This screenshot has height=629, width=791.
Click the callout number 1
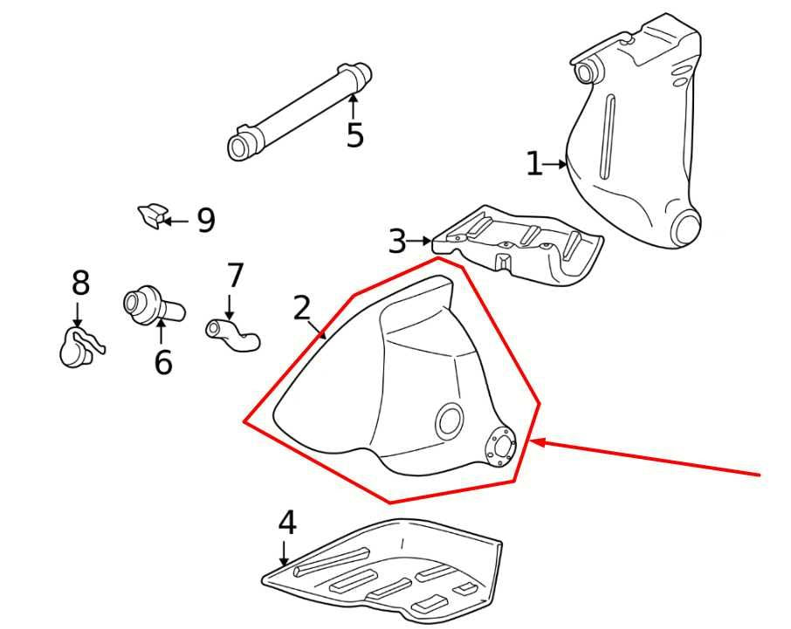(533, 164)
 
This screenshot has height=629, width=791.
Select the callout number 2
(302, 308)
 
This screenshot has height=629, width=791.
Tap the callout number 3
(397, 241)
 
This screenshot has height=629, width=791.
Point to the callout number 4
(287, 523)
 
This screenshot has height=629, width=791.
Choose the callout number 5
(354, 135)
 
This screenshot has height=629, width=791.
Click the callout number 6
(163, 361)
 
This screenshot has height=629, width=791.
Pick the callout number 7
(236, 276)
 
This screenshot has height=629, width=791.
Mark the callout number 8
(80, 283)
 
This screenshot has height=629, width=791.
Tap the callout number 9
(205, 221)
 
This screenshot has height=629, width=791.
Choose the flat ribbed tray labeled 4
(384, 567)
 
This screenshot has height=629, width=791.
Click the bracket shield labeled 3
(520, 245)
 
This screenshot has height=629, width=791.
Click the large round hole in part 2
(451, 421)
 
